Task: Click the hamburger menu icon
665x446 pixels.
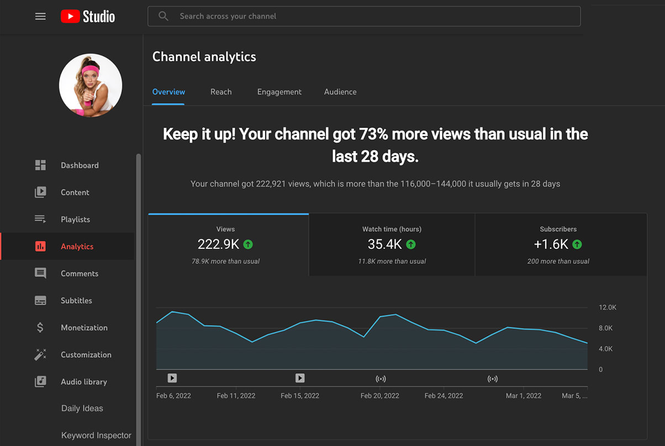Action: click(40, 17)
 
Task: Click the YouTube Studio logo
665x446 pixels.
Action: click(88, 17)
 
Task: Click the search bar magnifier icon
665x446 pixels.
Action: click(163, 16)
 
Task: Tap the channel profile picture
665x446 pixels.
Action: click(91, 85)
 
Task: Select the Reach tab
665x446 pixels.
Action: click(221, 92)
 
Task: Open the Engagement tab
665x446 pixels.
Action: click(279, 92)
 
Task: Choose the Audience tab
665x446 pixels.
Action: click(340, 92)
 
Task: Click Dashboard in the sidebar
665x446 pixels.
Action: click(80, 165)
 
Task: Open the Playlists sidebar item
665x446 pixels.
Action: click(75, 219)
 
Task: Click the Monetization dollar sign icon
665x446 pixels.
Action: click(40, 327)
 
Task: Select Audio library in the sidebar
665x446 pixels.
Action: click(84, 381)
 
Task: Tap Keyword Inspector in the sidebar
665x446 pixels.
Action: click(96, 436)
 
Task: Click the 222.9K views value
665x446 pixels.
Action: click(219, 244)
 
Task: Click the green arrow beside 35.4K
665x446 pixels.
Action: click(411, 244)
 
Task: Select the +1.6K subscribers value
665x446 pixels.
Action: click(551, 244)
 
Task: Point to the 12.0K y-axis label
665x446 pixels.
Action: click(608, 307)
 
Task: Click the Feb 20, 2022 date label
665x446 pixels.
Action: click(379, 396)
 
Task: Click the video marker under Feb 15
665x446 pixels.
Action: click(300, 378)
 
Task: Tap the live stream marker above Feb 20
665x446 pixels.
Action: click(381, 379)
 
